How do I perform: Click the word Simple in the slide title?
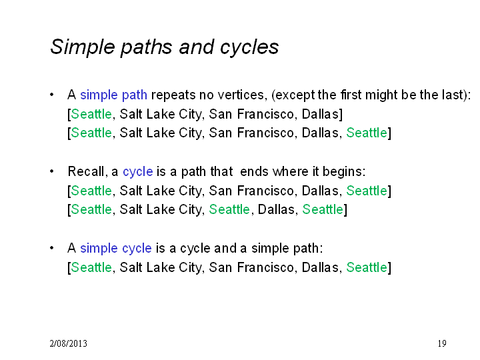(83, 47)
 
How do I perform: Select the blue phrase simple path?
(113, 95)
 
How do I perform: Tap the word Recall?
(87, 172)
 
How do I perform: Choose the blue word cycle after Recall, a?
(138, 172)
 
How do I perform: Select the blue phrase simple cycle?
(116, 249)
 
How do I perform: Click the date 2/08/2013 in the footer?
(68, 343)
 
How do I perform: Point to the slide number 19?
(442, 343)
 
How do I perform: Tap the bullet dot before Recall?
(52, 171)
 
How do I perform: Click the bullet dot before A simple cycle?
(52, 248)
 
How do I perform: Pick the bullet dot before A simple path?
(52, 95)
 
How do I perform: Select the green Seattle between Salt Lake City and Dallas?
(229, 210)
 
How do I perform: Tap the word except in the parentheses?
(294, 95)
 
